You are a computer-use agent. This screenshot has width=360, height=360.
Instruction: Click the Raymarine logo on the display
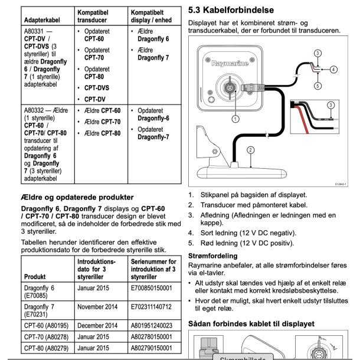(230, 60)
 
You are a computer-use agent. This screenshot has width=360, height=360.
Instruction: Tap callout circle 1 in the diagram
(236, 118)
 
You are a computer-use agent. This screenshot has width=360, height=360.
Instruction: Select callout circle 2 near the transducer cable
(250, 150)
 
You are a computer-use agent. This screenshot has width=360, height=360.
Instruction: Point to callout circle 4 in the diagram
(333, 69)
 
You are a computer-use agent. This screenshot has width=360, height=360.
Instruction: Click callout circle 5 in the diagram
(318, 85)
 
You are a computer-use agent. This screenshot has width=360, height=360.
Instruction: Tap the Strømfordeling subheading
(212, 256)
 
